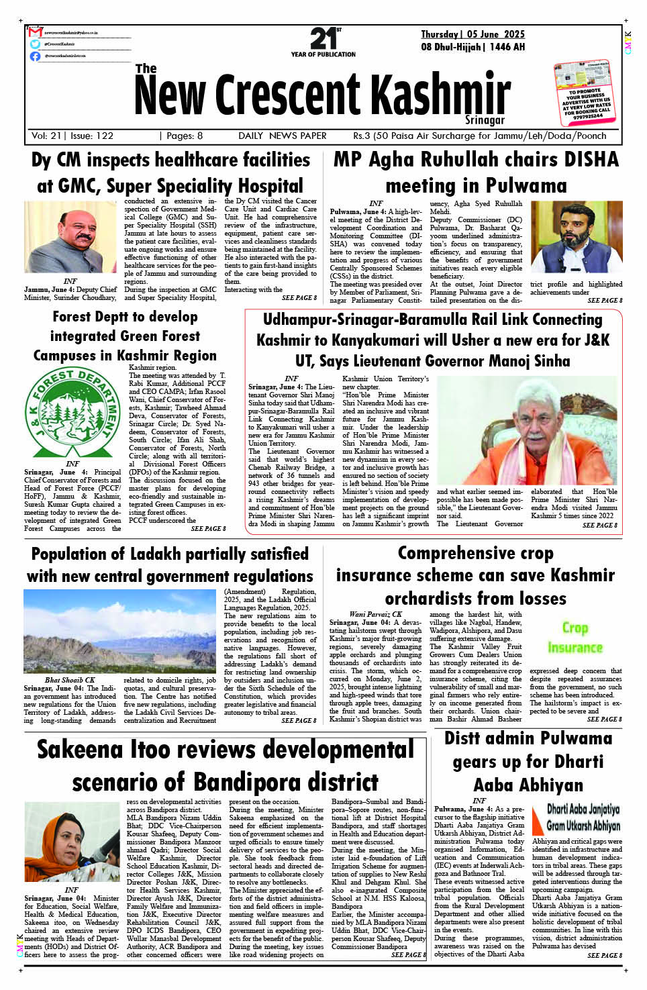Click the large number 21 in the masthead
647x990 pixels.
pos(323,38)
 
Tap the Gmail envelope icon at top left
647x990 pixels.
pos(36,32)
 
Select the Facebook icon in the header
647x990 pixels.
pos(36,56)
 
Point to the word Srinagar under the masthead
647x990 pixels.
pos(485,120)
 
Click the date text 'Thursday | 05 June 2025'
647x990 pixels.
pos(472,34)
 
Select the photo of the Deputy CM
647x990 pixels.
pos(70,237)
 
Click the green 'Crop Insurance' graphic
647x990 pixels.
pos(575,637)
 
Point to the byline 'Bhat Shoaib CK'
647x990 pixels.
pos(70,680)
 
